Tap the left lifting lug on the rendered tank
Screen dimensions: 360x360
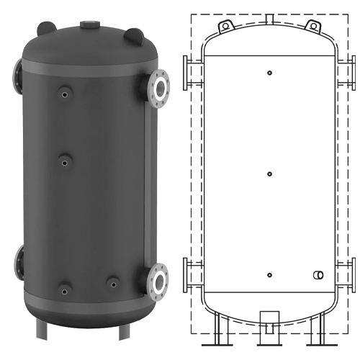coord(46,28)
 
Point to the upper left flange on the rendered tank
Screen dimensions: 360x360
coord(17,71)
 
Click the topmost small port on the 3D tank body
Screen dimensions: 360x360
coord(65,93)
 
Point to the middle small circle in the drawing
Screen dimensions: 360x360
coord(269,174)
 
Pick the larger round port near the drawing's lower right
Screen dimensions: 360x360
coord(318,276)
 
